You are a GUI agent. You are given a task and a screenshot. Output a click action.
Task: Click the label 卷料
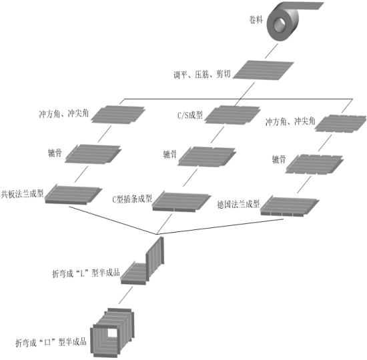(256, 19)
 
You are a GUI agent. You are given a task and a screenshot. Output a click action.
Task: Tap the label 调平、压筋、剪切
(202, 75)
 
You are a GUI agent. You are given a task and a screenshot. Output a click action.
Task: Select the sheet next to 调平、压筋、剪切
(263, 70)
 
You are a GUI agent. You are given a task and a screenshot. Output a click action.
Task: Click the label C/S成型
(190, 115)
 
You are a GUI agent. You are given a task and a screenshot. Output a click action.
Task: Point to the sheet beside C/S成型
(232, 115)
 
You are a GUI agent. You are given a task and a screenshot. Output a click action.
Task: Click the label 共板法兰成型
(22, 194)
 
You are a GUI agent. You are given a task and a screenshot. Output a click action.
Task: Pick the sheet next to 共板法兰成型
(73, 195)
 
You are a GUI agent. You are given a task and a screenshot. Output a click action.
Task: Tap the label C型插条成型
(132, 199)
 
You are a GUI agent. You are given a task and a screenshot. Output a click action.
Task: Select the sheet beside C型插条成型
(181, 201)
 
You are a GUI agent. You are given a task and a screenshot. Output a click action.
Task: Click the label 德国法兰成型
(238, 205)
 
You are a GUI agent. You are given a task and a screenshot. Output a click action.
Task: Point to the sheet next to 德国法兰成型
(290, 206)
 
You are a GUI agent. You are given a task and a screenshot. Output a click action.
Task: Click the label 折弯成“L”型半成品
(86, 273)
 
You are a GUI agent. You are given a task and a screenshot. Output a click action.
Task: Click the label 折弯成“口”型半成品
(51, 342)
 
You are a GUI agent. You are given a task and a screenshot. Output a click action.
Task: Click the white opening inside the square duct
(112, 333)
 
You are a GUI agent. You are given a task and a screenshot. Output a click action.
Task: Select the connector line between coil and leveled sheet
(272, 51)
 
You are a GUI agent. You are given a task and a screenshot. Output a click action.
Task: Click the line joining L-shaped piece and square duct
(125, 295)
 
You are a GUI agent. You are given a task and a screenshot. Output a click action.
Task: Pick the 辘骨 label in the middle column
(169, 155)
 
